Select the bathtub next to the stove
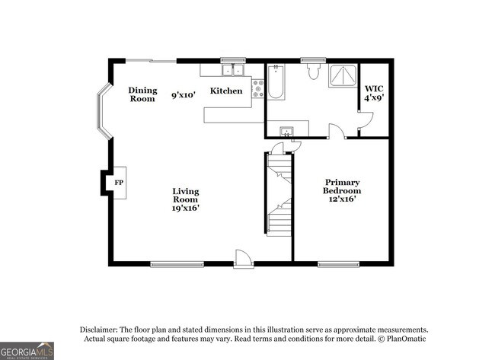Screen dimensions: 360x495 (x=276, y=82)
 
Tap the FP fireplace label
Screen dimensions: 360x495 (x=119, y=183)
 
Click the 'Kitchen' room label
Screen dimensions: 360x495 (x=226, y=91)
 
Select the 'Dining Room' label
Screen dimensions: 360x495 (x=142, y=94)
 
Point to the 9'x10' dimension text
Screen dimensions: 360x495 (x=184, y=95)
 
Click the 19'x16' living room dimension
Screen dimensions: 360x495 (x=186, y=208)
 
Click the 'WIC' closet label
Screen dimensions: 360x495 (x=373, y=88)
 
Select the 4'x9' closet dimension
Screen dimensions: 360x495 (x=373, y=97)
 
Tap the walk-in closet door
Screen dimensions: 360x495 (x=366, y=119)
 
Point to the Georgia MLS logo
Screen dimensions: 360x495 (x=27, y=350)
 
